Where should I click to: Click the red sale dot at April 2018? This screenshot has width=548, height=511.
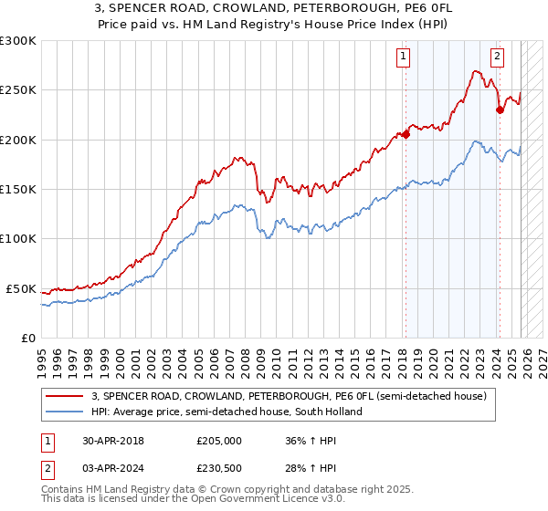click(x=405, y=135)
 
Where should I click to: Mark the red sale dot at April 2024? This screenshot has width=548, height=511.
click(x=500, y=110)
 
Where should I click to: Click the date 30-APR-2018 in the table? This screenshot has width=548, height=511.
click(x=113, y=440)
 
